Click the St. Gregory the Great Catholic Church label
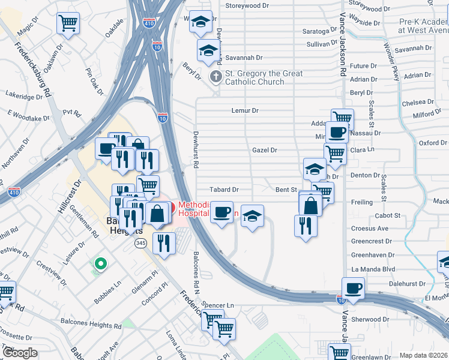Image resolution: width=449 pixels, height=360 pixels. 263,77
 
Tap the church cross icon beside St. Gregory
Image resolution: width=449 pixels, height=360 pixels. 215,76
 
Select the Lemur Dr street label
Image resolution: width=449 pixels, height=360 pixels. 245,110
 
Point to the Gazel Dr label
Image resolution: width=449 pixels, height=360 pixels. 264,150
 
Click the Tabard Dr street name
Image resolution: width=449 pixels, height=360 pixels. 224,189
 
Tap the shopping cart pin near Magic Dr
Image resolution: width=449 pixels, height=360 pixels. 68,23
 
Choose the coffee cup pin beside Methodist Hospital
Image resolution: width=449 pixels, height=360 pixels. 222,212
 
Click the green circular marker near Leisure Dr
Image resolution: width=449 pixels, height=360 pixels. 101,263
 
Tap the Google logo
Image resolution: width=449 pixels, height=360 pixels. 20,352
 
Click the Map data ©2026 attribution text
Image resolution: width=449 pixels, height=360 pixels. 423,355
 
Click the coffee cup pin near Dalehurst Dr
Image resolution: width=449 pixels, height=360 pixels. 353,287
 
